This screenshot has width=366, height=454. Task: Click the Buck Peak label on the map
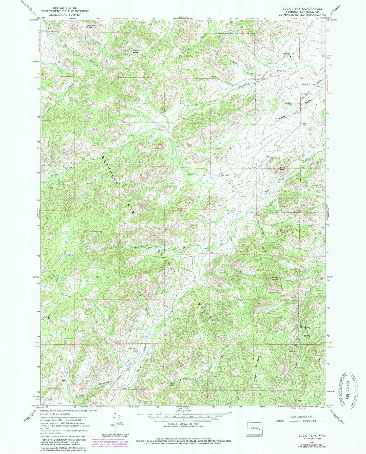pyautogui.click(x=274, y=278)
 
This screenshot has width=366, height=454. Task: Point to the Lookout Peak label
pyautogui.click(x=91, y=26)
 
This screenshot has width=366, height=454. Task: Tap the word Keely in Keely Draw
pyautogui.click(x=283, y=117)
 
